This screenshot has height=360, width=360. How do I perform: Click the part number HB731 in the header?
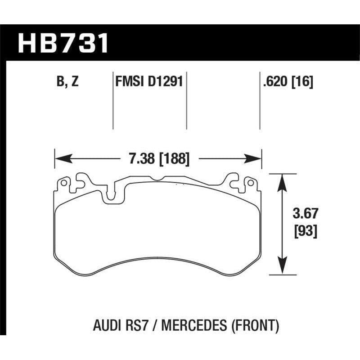(x=63, y=44)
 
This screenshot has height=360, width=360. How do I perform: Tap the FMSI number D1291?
(x=166, y=82)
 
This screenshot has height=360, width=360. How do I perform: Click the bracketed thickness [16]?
(x=301, y=82)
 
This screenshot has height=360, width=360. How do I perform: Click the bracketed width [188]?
(x=171, y=158)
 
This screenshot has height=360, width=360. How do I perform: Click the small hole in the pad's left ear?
(x=63, y=184)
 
